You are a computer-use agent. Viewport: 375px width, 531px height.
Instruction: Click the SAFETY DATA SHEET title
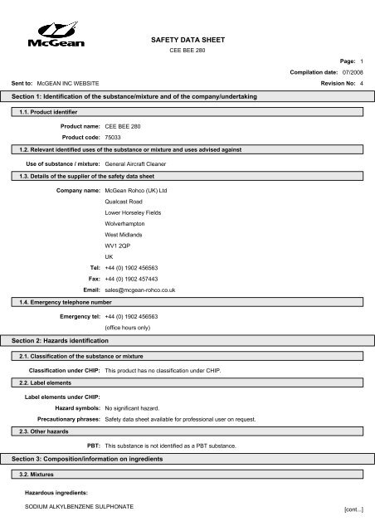coord(187,39)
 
